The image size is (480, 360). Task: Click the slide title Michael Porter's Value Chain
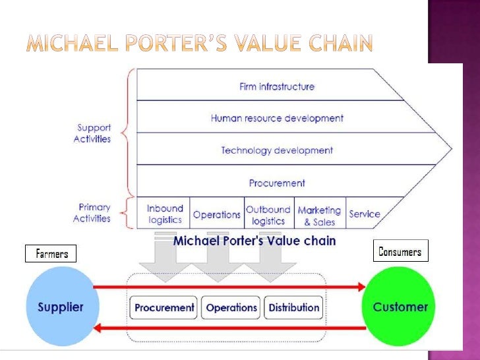point(199,44)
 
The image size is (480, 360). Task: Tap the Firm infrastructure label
point(277,86)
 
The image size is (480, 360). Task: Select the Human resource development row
point(277,119)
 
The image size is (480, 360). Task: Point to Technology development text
point(277,150)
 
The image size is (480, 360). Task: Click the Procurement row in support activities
point(277,183)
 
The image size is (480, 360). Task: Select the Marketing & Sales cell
point(319,215)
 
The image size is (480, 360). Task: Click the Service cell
point(365,214)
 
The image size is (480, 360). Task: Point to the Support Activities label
point(94,133)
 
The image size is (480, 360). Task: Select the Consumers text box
point(400,252)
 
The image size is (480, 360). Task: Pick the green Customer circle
point(400,307)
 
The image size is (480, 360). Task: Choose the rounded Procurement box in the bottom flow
point(164,308)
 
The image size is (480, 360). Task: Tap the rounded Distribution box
point(294,308)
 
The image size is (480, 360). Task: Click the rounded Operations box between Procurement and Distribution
point(231,308)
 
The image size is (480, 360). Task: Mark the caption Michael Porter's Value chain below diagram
point(254,241)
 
